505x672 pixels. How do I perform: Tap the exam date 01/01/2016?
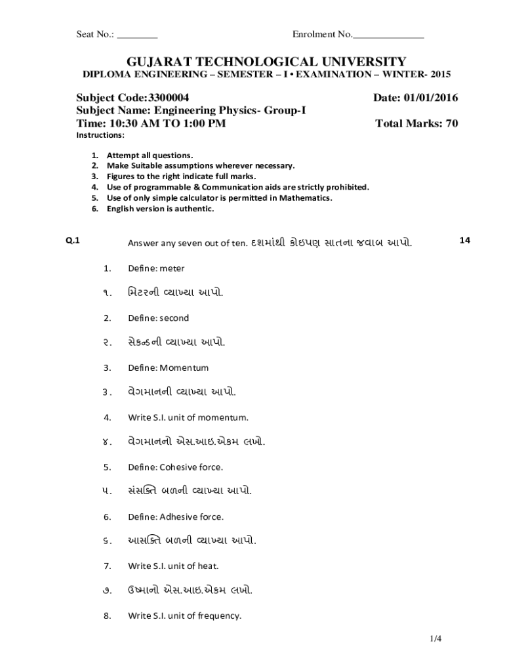[x=431, y=98]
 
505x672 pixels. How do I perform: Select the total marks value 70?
[x=452, y=123]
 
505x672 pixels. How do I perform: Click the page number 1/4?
[x=436, y=639]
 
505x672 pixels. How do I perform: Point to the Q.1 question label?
[x=73, y=240]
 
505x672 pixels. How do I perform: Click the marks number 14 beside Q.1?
[x=465, y=240]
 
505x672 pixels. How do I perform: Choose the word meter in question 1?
[x=172, y=268]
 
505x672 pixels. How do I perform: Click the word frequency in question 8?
[x=220, y=616]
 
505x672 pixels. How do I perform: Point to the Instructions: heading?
[x=100, y=135]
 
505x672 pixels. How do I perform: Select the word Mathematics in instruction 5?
[x=309, y=198]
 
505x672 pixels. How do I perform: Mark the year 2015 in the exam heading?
[x=441, y=74]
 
